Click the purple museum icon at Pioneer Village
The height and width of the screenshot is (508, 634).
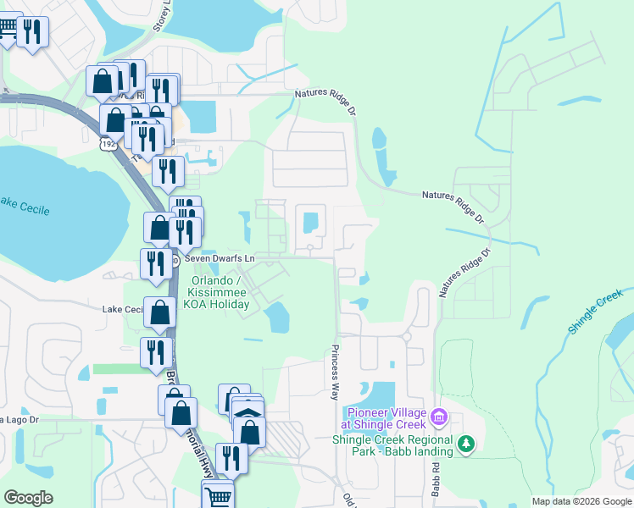(x=439, y=417)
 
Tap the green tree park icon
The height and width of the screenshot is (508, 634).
(x=465, y=443)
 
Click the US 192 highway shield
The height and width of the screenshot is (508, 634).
(x=108, y=145)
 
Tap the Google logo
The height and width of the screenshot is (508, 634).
(x=29, y=497)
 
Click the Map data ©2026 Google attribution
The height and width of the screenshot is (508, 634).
(x=581, y=501)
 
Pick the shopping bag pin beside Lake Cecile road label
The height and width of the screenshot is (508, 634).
(x=160, y=312)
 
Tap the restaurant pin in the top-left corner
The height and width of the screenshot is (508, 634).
(x=32, y=32)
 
